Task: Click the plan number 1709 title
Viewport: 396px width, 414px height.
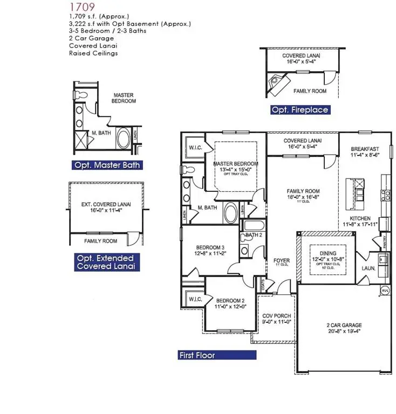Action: pyautogui.click(x=82, y=8)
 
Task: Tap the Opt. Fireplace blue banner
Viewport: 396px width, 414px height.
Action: pyautogui.click(x=300, y=109)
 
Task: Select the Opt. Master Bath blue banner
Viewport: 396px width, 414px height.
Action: pyautogui.click(x=107, y=165)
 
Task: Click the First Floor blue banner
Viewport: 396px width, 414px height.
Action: pyautogui.click(x=217, y=355)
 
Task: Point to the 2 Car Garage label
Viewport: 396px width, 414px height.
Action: pyautogui.click(x=344, y=325)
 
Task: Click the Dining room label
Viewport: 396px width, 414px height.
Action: pyautogui.click(x=327, y=253)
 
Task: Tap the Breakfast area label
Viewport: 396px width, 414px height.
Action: pyautogui.click(x=365, y=149)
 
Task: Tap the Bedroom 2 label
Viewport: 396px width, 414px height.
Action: pyautogui.click(x=231, y=301)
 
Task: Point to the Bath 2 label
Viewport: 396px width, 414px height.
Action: pyautogui.click(x=253, y=235)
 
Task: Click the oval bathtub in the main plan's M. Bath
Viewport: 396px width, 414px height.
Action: pyautogui.click(x=230, y=211)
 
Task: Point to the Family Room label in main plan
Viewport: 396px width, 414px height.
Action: pyautogui.click(x=303, y=191)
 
